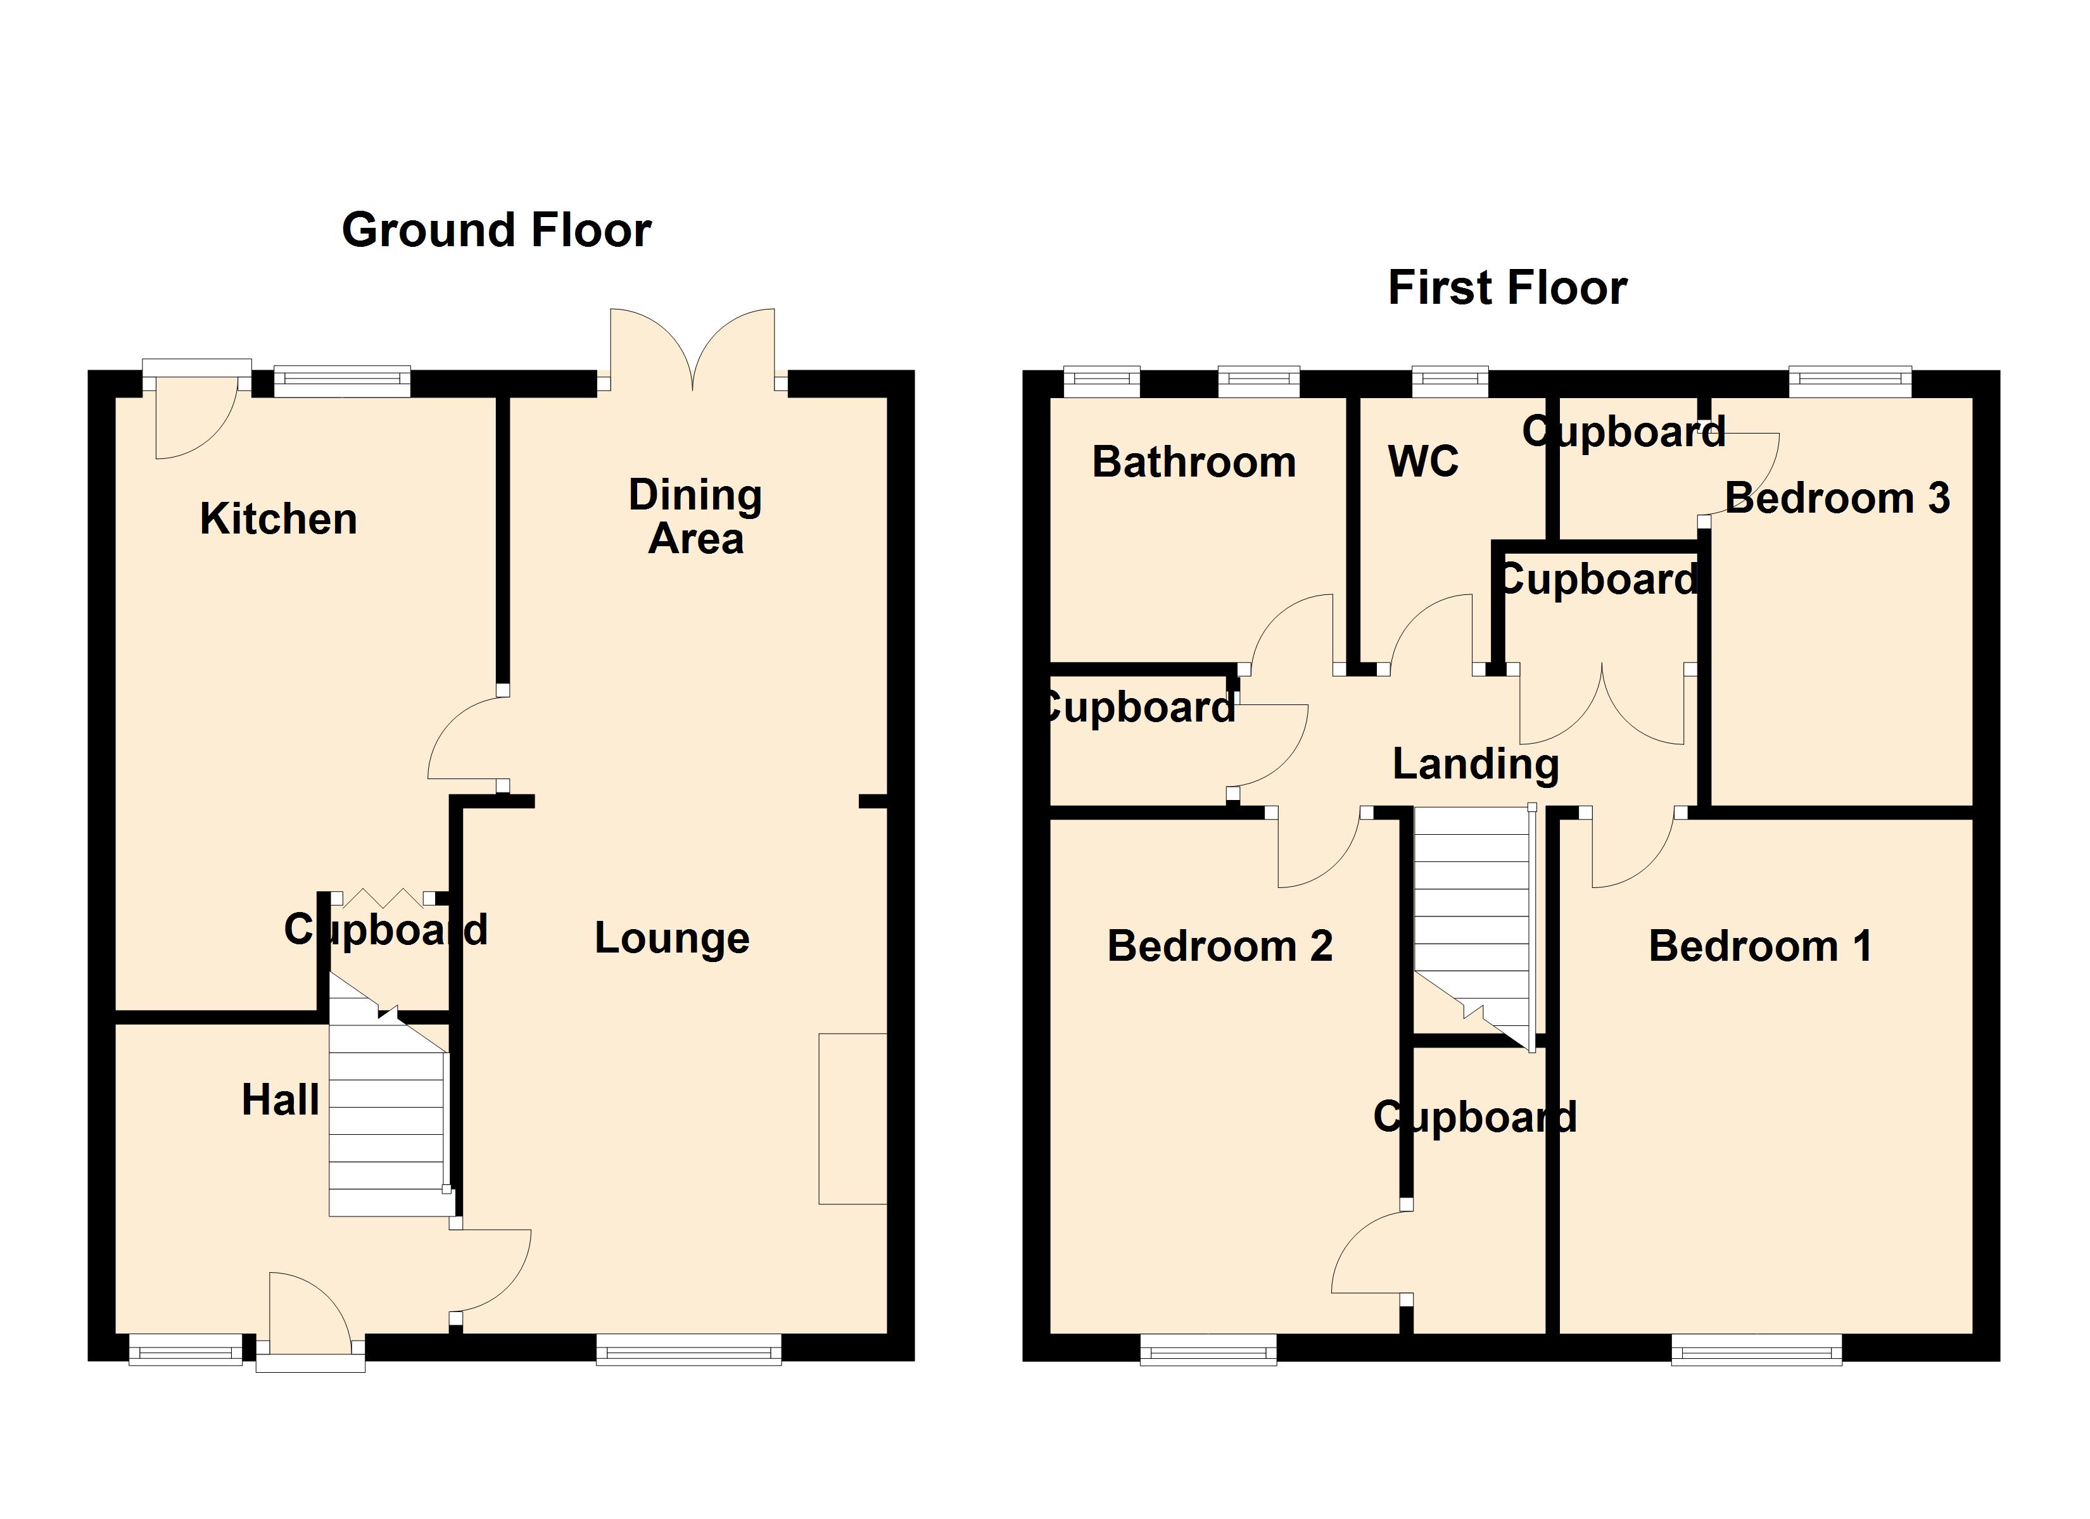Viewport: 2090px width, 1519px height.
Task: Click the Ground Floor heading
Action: pos(496,230)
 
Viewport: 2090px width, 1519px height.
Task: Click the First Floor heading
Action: pos(1507,289)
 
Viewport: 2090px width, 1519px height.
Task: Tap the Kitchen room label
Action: pos(278,520)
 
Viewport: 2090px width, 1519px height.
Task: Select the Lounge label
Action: pos(672,939)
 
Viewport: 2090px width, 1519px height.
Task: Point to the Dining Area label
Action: pos(696,516)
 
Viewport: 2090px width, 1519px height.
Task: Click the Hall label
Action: pos(280,1100)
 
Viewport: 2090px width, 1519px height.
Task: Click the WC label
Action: pos(1423,461)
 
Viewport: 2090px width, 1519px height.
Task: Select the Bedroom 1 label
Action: pos(1760,946)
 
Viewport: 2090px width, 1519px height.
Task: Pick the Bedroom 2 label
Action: pos(1219,946)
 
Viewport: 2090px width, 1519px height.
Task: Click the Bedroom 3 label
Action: pos(1837,498)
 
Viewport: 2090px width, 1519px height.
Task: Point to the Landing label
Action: pos(1475,764)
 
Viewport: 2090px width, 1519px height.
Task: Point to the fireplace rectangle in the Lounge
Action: pos(852,1118)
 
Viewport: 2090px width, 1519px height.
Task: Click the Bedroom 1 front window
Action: pos(1756,1351)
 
